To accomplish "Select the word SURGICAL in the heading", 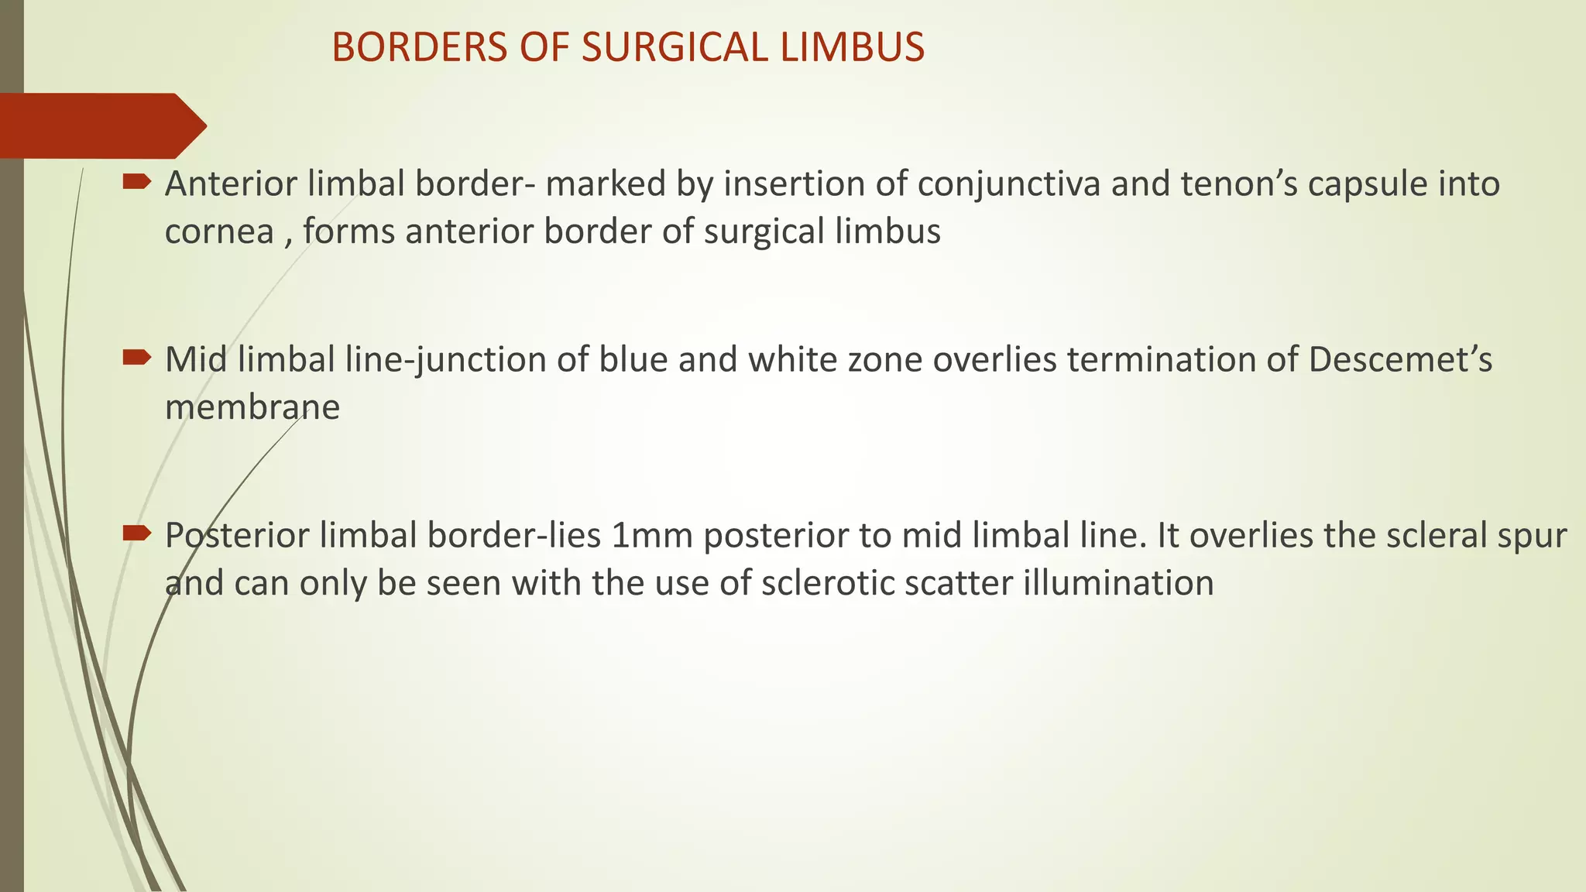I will [x=675, y=47].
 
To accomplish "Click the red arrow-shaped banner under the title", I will [x=101, y=125].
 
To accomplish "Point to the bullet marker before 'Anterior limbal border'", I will [x=137, y=182].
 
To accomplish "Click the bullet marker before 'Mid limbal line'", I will [x=137, y=358].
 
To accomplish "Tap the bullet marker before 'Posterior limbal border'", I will [x=137, y=533].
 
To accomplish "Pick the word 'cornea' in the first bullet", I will [x=219, y=232].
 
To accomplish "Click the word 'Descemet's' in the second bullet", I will [x=1400, y=360].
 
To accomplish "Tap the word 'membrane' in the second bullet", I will [x=252, y=407].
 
